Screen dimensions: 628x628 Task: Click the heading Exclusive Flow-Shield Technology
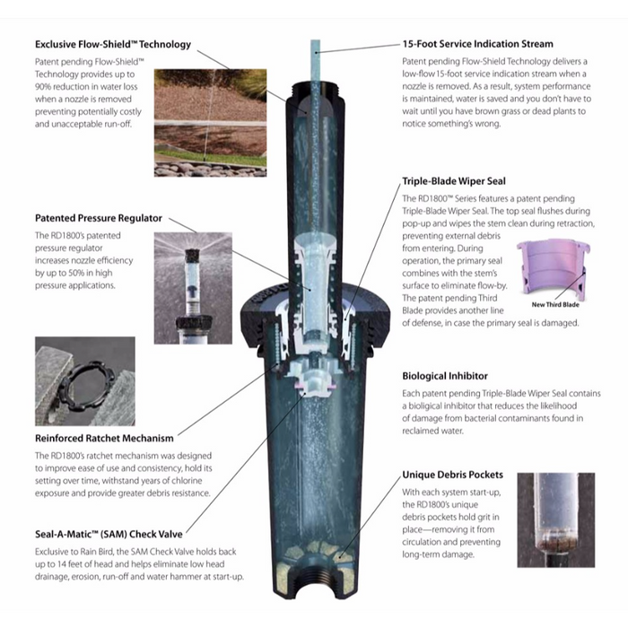click(112, 44)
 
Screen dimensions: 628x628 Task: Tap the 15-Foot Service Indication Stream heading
click(477, 43)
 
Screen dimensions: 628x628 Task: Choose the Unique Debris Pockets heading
click(452, 475)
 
